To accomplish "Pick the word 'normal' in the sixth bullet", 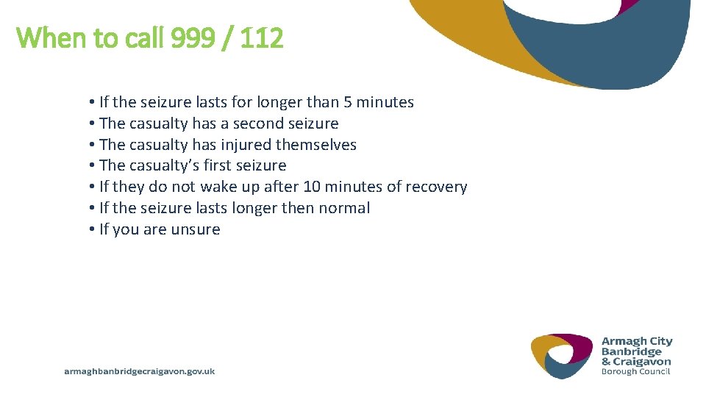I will tap(344, 208).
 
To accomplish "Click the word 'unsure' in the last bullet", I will tap(196, 229).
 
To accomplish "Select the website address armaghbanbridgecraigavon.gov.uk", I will tap(140, 372).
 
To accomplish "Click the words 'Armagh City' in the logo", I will tap(637, 341).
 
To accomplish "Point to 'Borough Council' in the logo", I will tap(635, 371).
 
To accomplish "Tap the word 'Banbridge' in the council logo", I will tap(632, 351).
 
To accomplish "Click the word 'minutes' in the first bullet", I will tap(385, 102).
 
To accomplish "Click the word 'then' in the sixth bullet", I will tap(298, 208).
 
